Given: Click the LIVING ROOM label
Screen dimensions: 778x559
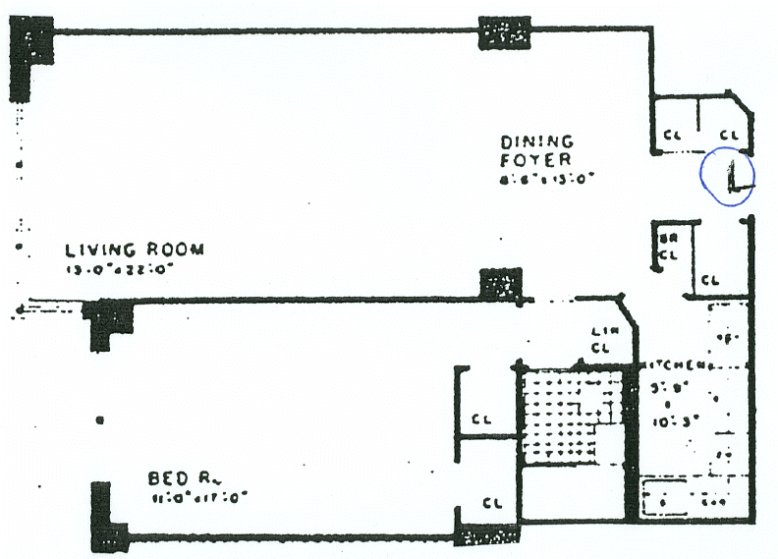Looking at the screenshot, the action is (x=135, y=250).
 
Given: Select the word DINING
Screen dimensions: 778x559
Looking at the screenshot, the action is (x=535, y=141).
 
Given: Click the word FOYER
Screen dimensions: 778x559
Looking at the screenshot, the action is (x=532, y=159).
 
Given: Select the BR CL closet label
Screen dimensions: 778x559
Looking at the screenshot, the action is (x=668, y=247).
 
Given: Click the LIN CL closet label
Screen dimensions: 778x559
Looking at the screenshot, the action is (x=602, y=340).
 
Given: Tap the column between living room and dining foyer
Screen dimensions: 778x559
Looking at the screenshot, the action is (x=501, y=285).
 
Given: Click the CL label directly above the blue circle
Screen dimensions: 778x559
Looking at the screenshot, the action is (x=729, y=135).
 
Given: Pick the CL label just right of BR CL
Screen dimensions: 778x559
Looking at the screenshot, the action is (x=710, y=280).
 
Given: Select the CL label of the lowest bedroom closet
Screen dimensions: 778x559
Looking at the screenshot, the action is (x=492, y=503).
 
